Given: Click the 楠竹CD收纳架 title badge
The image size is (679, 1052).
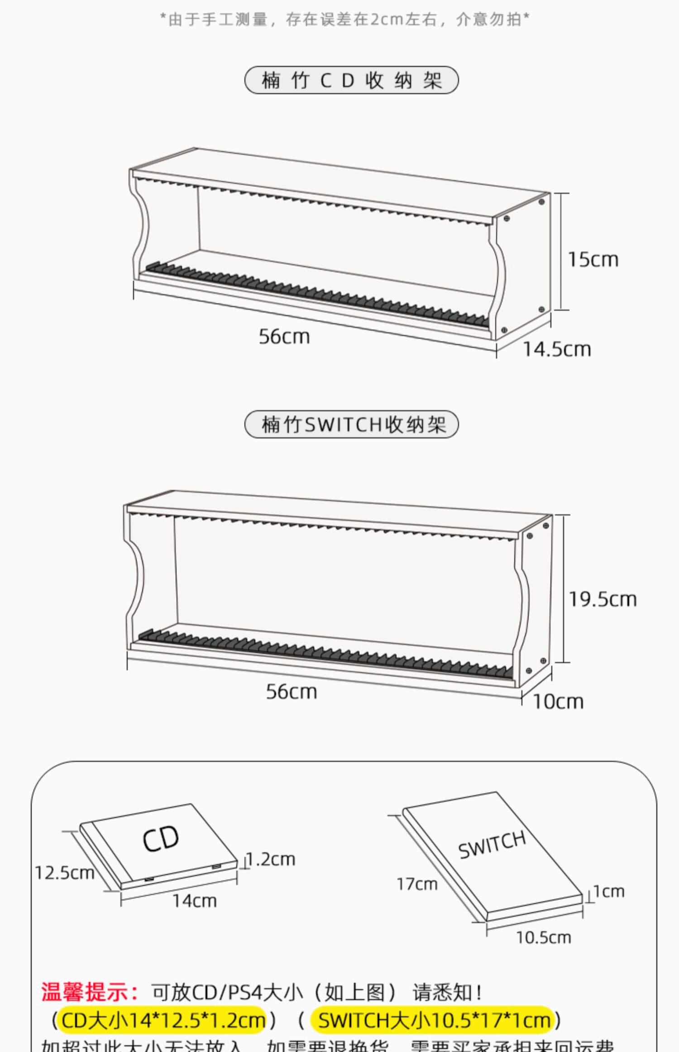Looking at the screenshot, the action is (351, 81).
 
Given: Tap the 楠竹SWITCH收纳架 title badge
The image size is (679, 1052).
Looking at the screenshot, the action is (351, 425).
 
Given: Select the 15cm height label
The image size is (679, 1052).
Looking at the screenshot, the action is (593, 260).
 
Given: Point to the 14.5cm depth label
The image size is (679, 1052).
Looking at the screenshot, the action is (557, 349).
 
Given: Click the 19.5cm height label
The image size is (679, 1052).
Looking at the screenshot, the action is (602, 599).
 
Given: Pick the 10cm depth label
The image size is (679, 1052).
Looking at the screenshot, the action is (558, 702).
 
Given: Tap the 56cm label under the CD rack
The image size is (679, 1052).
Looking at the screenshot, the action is (284, 337).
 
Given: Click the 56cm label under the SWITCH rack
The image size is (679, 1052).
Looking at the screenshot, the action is (292, 692).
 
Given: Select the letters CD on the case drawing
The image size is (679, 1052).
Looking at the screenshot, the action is (161, 840).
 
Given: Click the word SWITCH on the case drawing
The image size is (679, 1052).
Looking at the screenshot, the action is (492, 845).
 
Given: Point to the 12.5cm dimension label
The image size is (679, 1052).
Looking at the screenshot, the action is (64, 873).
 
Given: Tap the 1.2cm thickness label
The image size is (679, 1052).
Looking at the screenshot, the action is (271, 859).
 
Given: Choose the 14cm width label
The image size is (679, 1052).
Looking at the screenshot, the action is (195, 901).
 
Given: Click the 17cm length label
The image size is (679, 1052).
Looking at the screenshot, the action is (417, 884).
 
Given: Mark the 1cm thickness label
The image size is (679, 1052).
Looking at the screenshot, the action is (609, 891).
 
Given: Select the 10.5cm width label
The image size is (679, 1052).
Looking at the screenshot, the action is (543, 937).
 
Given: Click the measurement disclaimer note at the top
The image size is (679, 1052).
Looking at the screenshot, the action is (345, 19).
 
